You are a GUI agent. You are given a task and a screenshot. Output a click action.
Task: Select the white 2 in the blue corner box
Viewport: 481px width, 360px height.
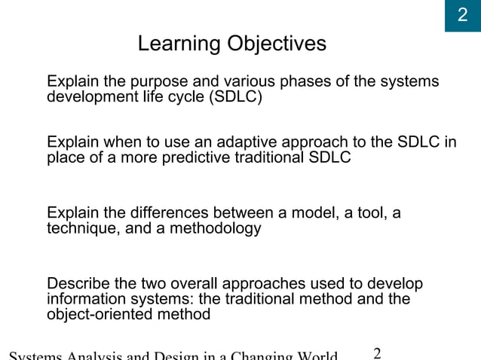[463, 16]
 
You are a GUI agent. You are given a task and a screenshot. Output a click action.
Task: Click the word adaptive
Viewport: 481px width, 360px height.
[244, 143]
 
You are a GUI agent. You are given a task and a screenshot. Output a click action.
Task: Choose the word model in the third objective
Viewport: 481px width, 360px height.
[316, 214]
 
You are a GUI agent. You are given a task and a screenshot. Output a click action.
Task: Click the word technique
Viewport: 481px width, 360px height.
[80, 229]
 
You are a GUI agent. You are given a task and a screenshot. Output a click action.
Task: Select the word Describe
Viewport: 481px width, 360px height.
[77, 284]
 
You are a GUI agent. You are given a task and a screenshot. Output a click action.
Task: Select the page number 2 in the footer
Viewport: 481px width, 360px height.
[378, 352]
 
